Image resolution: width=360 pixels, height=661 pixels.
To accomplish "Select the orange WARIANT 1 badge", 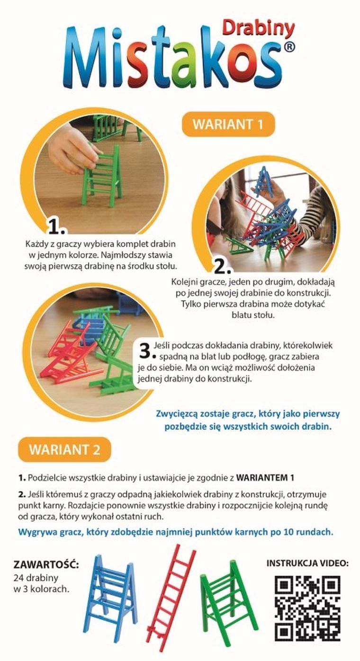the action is [x=228, y=124].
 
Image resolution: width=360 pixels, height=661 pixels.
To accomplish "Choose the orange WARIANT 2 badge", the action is [x=65, y=449].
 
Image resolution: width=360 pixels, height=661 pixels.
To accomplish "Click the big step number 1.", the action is [x=56, y=227].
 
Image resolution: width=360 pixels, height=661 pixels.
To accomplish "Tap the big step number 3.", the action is [x=147, y=350].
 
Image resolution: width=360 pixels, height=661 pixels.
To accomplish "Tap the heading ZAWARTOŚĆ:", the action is [x=46, y=565].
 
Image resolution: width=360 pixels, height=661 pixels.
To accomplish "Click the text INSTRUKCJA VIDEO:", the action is [x=307, y=563].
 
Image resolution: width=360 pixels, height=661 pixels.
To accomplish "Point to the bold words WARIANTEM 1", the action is [x=265, y=478].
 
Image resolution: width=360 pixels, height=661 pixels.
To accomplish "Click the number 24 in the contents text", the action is [x=18, y=577].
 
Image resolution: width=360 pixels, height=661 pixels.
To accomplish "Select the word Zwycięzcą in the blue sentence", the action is [x=176, y=414].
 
